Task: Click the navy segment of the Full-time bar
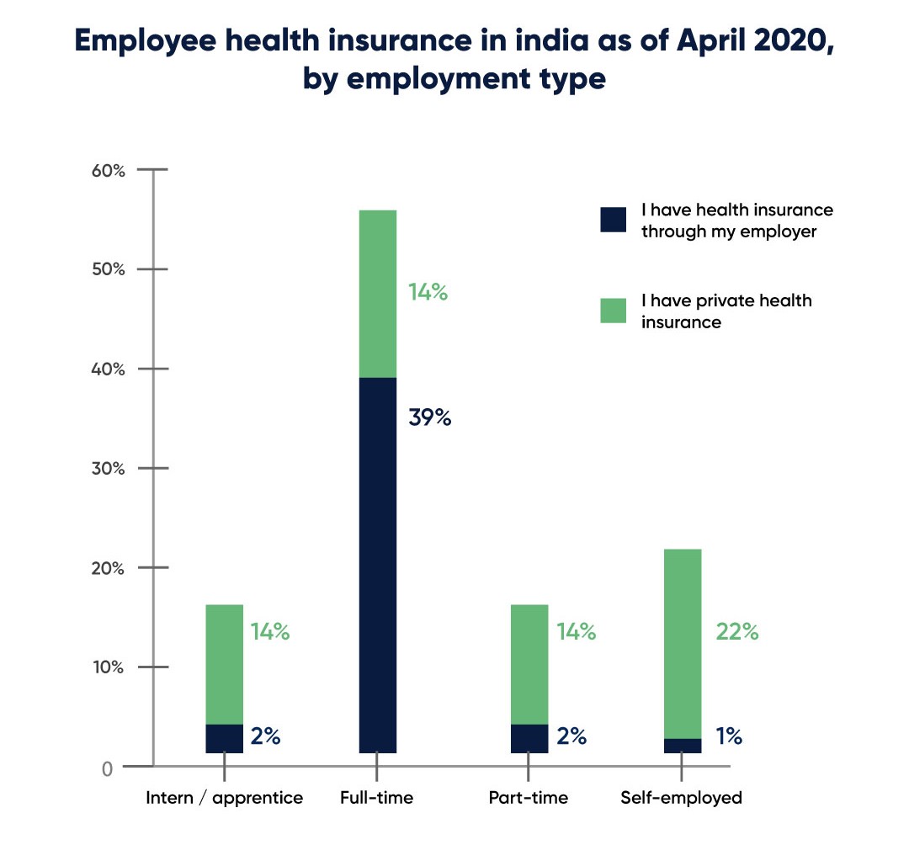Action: (377, 564)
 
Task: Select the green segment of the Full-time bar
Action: (377, 293)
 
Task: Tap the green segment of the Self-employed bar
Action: (683, 643)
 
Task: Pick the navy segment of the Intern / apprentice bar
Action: (224, 738)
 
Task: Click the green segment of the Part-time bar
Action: (529, 663)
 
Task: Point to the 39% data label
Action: (429, 417)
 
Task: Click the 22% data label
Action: (737, 632)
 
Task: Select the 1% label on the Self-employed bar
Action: (729, 736)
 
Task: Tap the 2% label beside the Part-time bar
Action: (571, 736)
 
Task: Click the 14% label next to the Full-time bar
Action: (428, 294)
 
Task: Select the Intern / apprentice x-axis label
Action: (224, 798)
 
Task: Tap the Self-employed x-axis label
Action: (681, 798)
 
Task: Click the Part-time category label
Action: (528, 798)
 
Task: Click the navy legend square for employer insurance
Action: (614, 219)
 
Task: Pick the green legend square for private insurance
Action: (614, 310)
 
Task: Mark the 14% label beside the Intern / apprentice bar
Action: (270, 632)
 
